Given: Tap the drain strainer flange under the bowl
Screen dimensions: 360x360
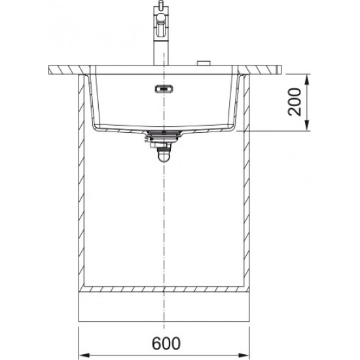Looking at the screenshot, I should (x=161, y=134).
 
